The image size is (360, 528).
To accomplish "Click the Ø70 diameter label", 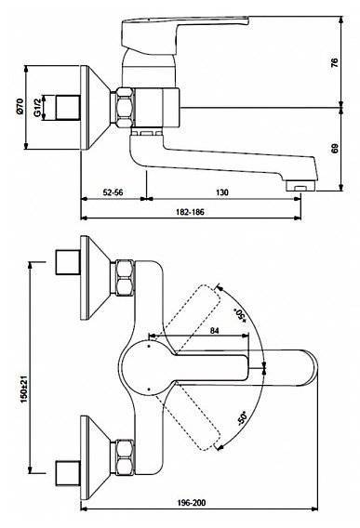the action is point(20,106).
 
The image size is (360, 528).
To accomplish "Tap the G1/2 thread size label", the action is point(38,107).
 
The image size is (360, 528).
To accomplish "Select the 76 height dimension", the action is point(334,62).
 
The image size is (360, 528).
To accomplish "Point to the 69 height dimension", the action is point(334,149).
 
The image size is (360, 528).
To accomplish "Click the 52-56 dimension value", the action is point(113,192).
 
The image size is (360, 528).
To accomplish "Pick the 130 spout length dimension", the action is point(221,192).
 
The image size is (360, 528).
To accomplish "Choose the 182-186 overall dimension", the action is point(190,212).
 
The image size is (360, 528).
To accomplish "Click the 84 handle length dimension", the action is point(214,331).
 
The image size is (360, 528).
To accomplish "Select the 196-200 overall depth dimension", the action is point(192,503).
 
